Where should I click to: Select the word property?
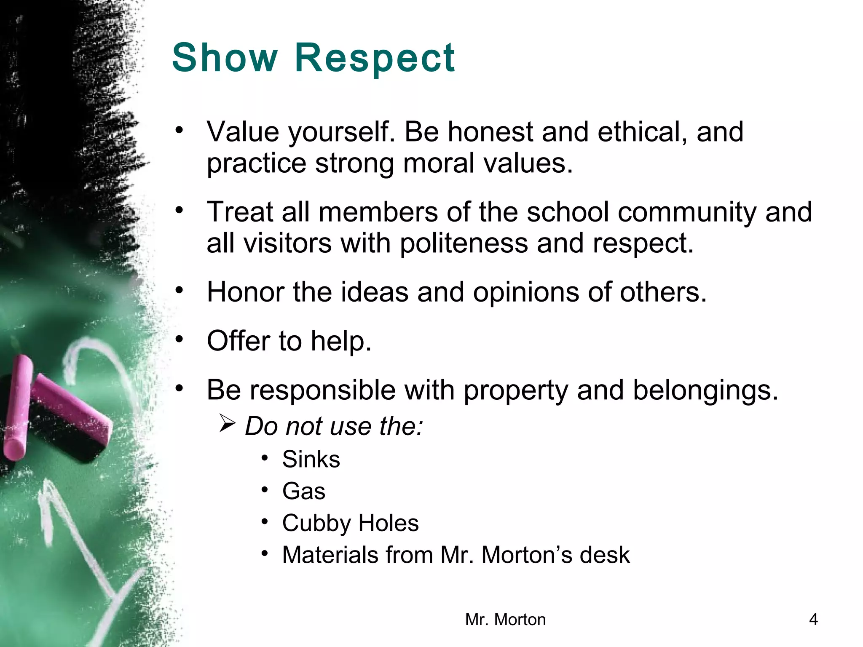click(x=516, y=390)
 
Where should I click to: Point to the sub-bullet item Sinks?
click(x=311, y=459)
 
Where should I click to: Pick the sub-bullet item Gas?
click(x=304, y=491)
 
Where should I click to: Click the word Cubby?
click(x=316, y=523)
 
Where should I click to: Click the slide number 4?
click(x=813, y=620)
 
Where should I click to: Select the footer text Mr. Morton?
click(x=505, y=620)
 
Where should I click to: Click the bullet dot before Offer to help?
click(x=180, y=338)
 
